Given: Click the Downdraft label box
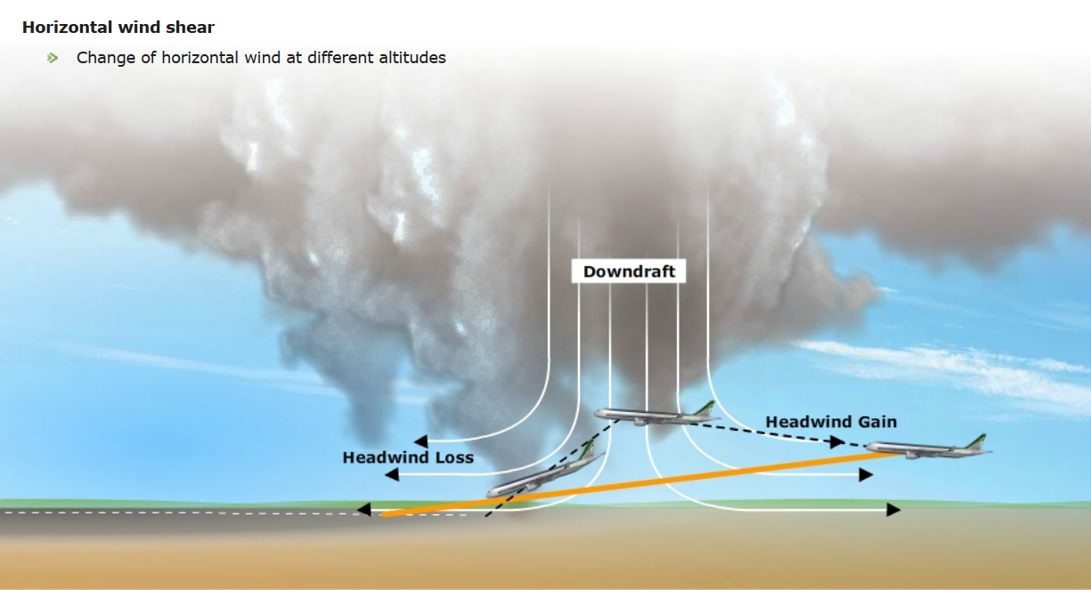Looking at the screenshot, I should (629, 271).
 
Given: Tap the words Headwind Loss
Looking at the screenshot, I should (407, 457).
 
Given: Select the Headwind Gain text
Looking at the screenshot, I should (831, 422).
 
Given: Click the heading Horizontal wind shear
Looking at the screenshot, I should (118, 28).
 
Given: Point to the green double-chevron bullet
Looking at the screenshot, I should (53, 58).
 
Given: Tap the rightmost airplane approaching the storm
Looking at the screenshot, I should (926, 449).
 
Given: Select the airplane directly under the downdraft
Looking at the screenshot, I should (655, 415).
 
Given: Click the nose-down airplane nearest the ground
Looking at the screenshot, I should (539, 477).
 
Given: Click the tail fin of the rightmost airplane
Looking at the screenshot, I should (977, 441).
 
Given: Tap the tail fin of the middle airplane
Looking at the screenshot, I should (705, 408).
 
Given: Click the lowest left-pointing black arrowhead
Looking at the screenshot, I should (363, 510).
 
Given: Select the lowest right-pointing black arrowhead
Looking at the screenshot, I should (893, 510).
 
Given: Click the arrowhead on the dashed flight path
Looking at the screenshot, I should (836, 440).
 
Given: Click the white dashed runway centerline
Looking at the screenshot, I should (178, 513).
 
